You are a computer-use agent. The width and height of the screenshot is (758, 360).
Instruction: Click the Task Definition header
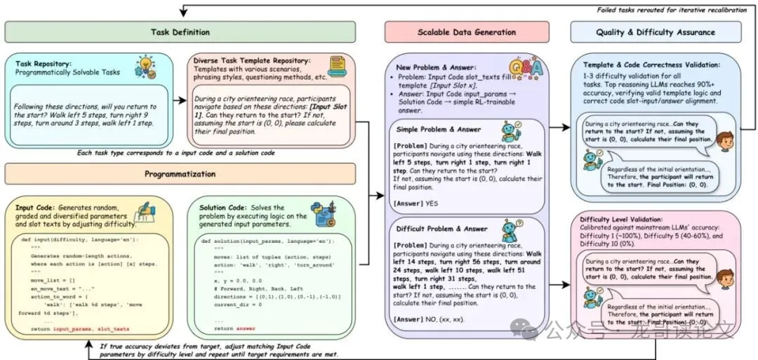pyautogui.click(x=180, y=32)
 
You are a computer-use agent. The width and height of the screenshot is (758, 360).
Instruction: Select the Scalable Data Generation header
pyautogui.click(x=470, y=32)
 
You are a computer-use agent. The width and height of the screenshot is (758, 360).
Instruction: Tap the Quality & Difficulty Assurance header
pyautogui.click(x=656, y=32)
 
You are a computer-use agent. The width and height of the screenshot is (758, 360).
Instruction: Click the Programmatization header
pyautogui.click(x=180, y=174)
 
